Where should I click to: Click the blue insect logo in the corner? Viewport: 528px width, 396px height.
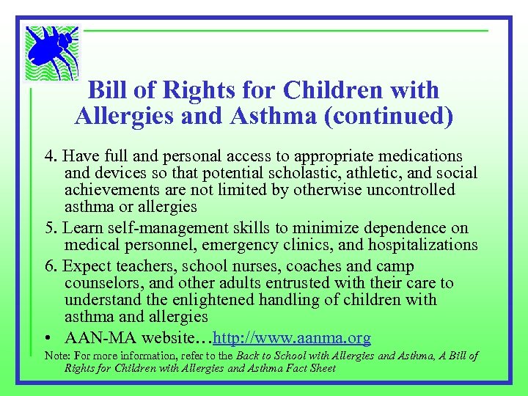(x=51, y=54)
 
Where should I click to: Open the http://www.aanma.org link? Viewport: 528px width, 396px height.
(x=291, y=338)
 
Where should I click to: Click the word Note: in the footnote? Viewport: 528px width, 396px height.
(x=58, y=356)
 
